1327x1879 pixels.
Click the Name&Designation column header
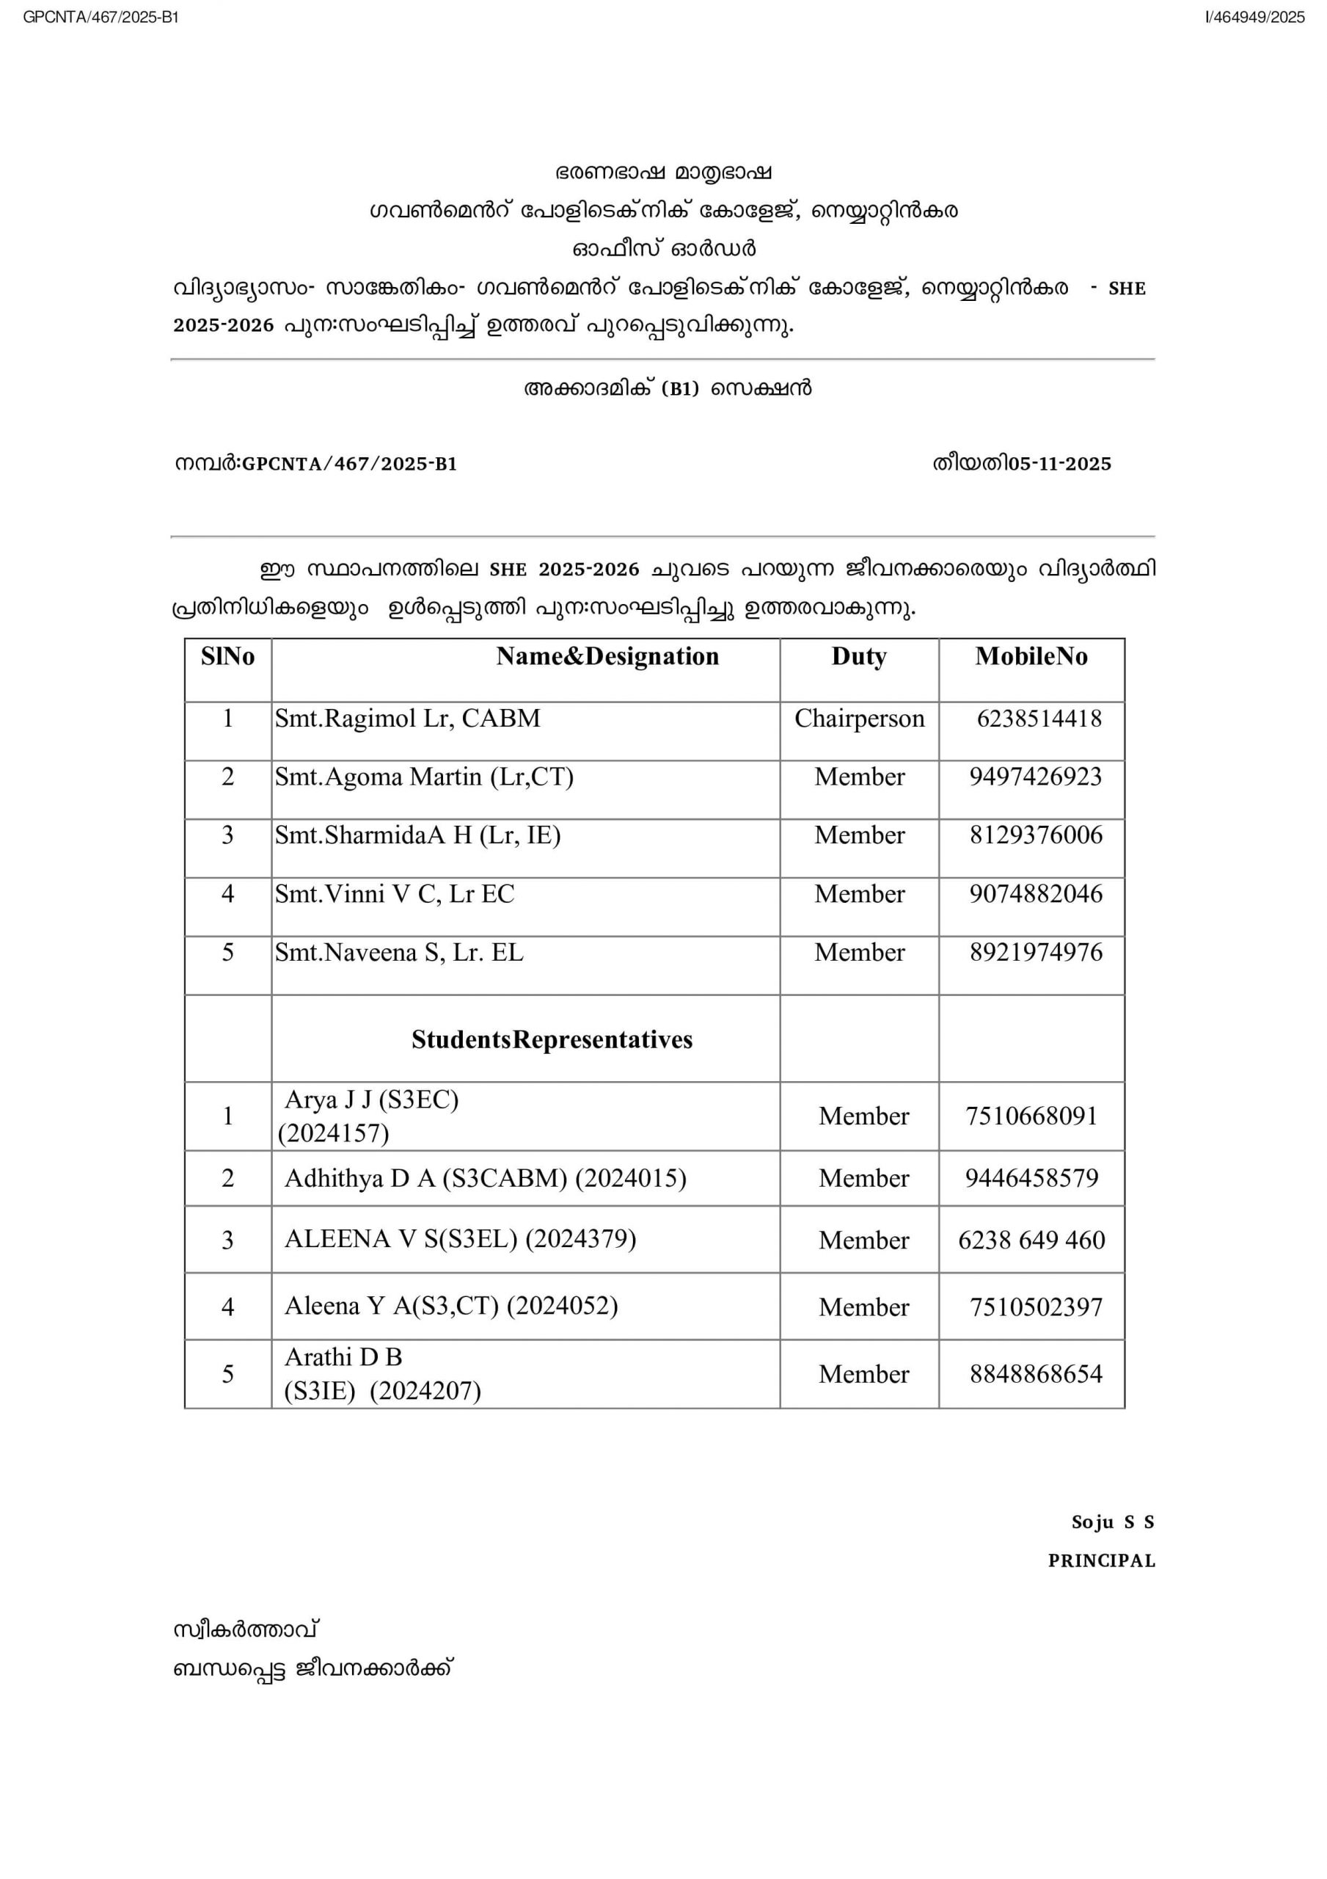(x=607, y=656)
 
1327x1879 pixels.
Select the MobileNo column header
(x=1031, y=656)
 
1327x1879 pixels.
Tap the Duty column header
(x=859, y=656)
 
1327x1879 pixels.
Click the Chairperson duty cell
(x=859, y=719)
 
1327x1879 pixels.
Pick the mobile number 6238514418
(x=1039, y=719)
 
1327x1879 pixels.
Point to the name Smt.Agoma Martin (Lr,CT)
(x=424, y=777)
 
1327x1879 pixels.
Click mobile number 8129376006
(x=1036, y=835)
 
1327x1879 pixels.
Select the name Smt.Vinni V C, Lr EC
(x=395, y=894)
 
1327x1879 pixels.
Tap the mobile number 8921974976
(x=1036, y=952)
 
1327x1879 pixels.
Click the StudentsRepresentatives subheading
(x=552, y=1039)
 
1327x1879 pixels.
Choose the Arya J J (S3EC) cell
(x=371, y=1116)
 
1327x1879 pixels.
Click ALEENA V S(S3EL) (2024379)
(x=460, y=1239)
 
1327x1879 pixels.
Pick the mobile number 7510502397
(x=1036, y=1307)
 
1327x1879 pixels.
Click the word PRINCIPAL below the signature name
(x=1101, y=1560)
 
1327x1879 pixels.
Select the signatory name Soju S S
(x=1112, y=1522)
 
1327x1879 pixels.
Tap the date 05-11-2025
(x=1059, y=464)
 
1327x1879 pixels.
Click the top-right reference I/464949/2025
(x=1254, y=17)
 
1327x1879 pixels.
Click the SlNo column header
(x=227, y=656)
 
